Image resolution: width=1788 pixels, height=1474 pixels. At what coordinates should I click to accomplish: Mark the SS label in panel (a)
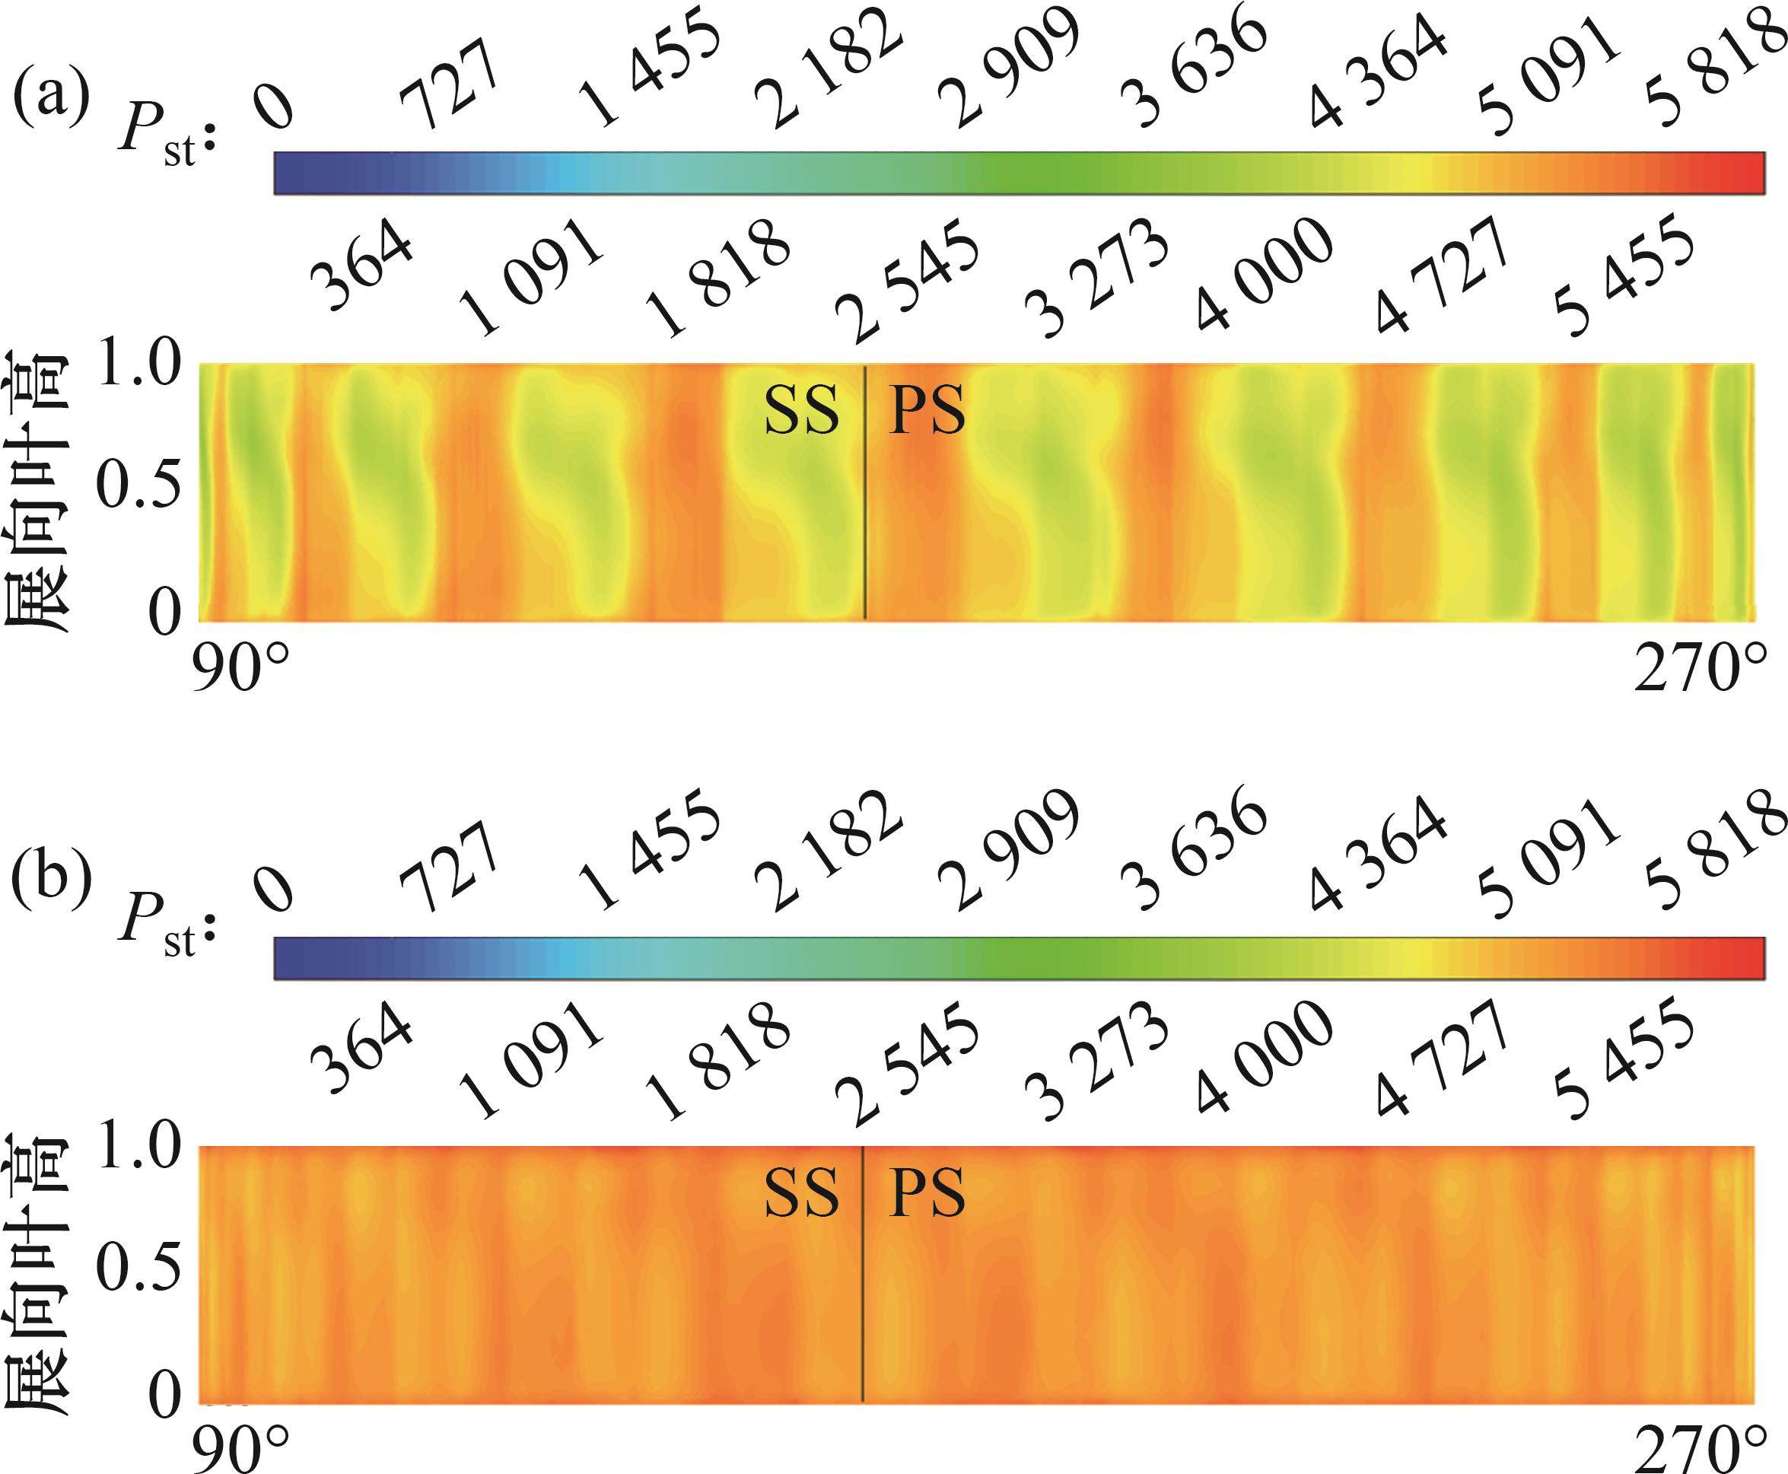(801, 412)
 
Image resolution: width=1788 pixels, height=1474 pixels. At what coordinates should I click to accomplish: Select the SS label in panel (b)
(801, 1194)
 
